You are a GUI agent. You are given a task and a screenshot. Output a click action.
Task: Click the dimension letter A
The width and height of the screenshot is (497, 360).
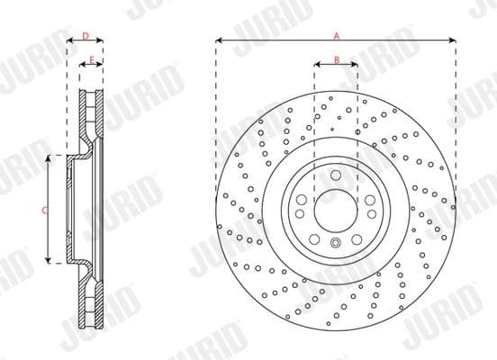pyautogui.click(x=335, y=35)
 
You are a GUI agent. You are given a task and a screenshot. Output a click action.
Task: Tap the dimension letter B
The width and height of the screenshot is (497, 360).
pyautogui.click(x=335, y=59)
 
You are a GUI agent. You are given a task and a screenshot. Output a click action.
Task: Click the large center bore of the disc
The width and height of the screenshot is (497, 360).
pyautogui.click(x=335, y=208)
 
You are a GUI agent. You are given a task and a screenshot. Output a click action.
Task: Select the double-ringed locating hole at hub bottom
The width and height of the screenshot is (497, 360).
pyautogui.click(x=335, y=245)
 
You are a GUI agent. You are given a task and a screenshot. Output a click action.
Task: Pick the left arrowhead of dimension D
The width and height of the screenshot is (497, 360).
pyautogui.click(x=70, y=40)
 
